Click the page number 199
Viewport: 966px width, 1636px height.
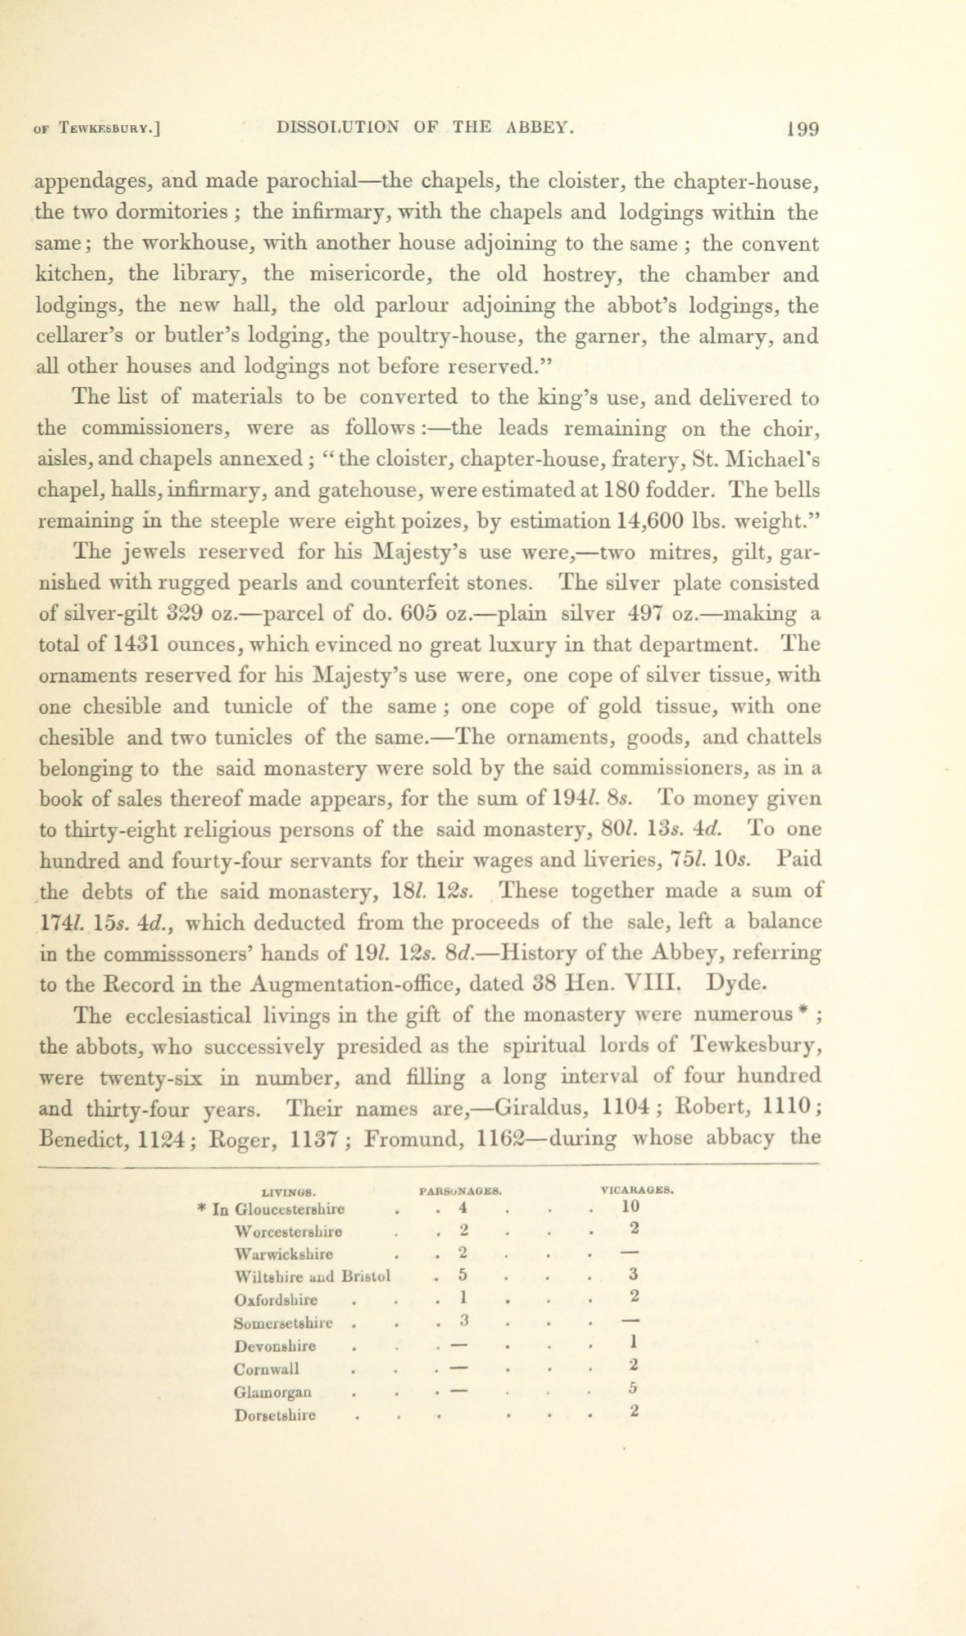pyautogui.click(x=802, y=128)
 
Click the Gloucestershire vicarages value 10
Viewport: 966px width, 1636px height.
pyautogui.click(x=630, y=1206)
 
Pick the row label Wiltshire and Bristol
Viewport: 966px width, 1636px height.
pyautogui.click(x=312, y=1276)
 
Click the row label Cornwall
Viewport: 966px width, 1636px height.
pyautogui.click(x=267, y=1368)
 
